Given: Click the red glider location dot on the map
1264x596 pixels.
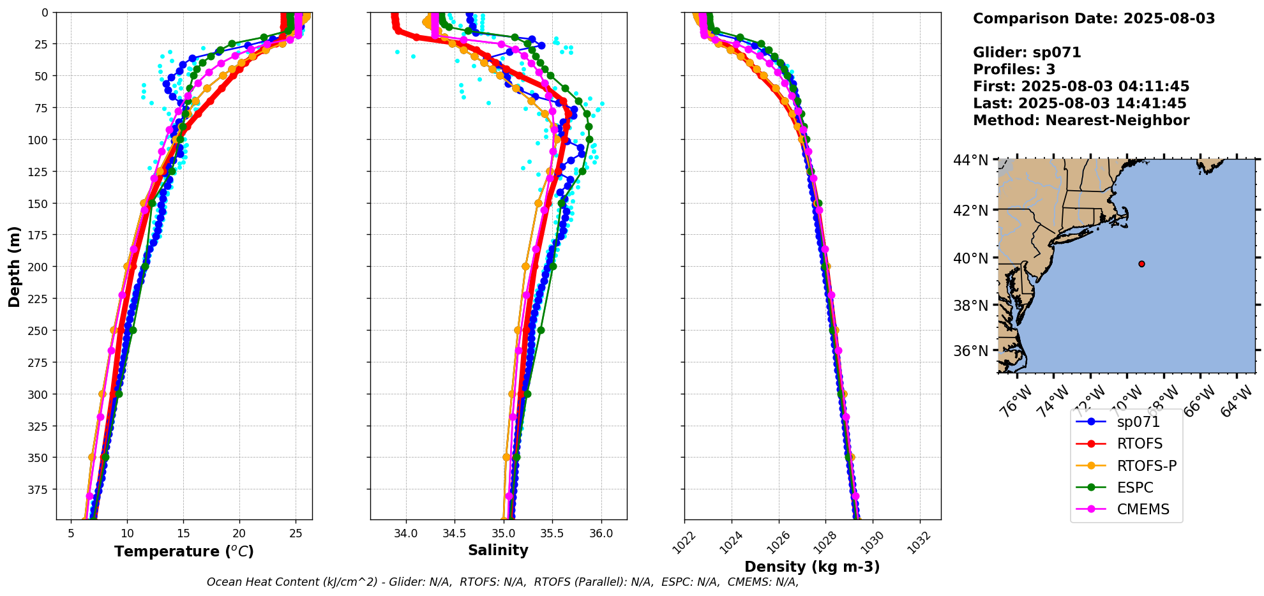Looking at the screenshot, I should tap(1141, 264).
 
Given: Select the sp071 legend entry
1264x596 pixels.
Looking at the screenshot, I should tap(1138, 422).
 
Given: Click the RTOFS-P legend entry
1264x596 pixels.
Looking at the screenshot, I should tap(1147, 466).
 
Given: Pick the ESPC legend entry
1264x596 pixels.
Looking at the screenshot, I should tap(1135, 488).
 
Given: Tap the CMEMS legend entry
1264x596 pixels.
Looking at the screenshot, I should tap(1143, 509).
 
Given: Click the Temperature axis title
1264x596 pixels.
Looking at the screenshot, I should tap(184, 551).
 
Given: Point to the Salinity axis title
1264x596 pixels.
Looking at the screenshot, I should tap(498, 550).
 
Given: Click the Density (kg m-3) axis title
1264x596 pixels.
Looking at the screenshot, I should tap(812, 567).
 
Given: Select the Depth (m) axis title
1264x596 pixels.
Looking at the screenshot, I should tap(14, 266).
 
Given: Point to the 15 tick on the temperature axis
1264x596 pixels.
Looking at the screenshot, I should tap(183, 533).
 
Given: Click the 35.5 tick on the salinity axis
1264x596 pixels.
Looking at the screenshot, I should tap(552, 533).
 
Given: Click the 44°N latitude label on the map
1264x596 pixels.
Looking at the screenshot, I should tap(970, 160).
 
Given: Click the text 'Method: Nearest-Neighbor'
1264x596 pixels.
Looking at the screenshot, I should tap(1081, 121).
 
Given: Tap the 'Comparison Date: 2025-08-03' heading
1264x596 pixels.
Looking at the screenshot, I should tap(1094, 19).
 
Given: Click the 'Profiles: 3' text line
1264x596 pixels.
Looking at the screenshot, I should tap(1014, 70).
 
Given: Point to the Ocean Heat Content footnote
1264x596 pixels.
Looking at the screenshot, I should tap(502, 582).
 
